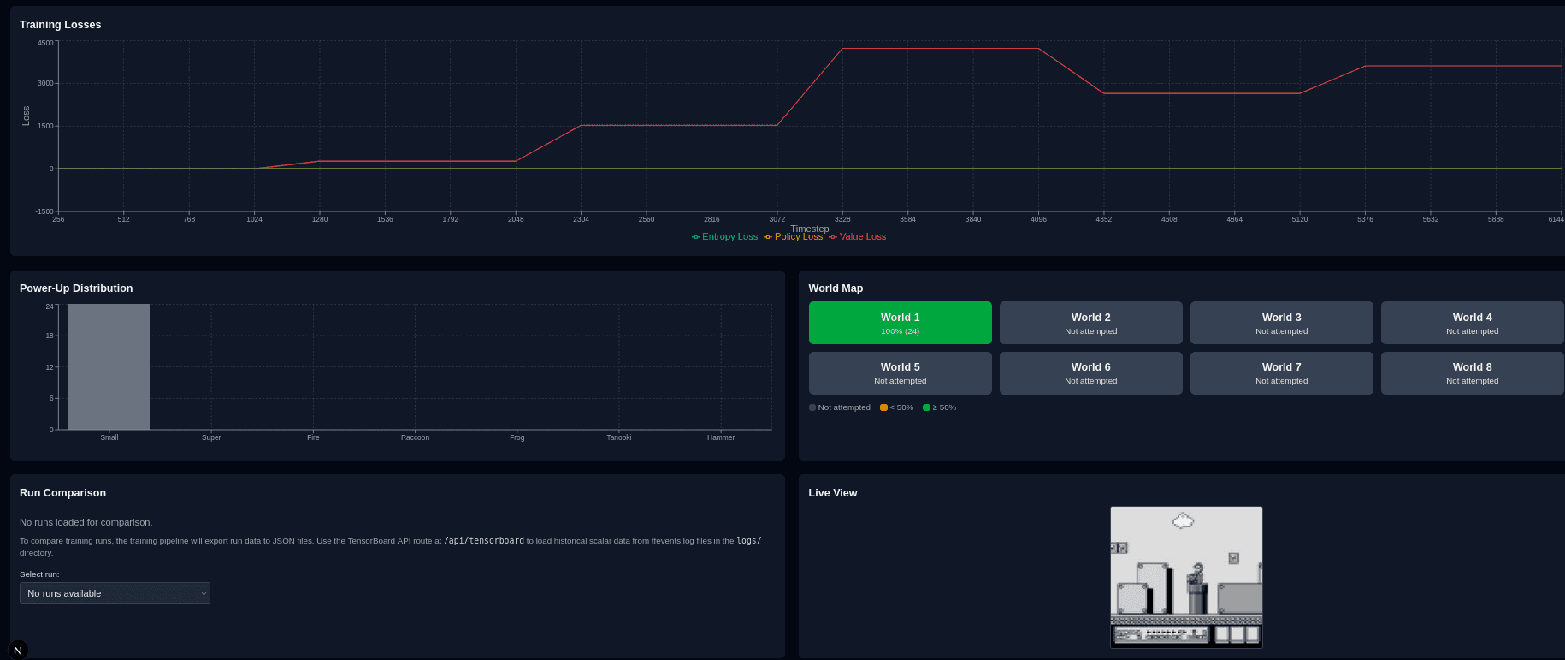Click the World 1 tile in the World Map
click(900, 323)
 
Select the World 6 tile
click(1090, 373)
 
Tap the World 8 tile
click(1472, 373)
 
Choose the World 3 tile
click(1281, 323)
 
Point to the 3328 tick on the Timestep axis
click(842, 219)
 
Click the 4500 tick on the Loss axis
click(44, 43)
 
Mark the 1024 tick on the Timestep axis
click(254, 219)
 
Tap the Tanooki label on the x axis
click(618, 437)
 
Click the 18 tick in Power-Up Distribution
click(50, 336)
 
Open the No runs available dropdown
click(115, 593)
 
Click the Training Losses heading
click(60, 25)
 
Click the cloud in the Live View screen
click(1183, 520)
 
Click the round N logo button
click(18, 650)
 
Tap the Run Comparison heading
click(62, 493)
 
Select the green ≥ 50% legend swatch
click(926, 407)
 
